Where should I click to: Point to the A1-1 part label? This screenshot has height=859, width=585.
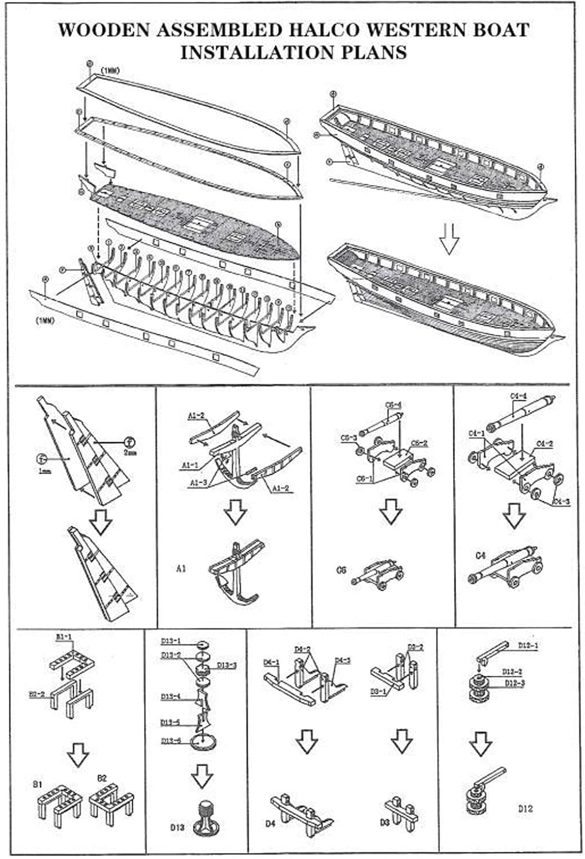(x=189, y=465)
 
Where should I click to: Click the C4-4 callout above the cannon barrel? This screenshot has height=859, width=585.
(x=518, y=396)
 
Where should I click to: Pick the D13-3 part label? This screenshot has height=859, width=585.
(x=227, y=665)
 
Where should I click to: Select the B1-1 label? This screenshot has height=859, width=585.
(x=64, y=636)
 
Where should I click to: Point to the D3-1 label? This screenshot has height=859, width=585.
(x=378, y=692)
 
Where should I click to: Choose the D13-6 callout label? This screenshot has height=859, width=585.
(x=171, y=740)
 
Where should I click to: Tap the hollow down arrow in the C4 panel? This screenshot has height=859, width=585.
(x=513, y=515)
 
